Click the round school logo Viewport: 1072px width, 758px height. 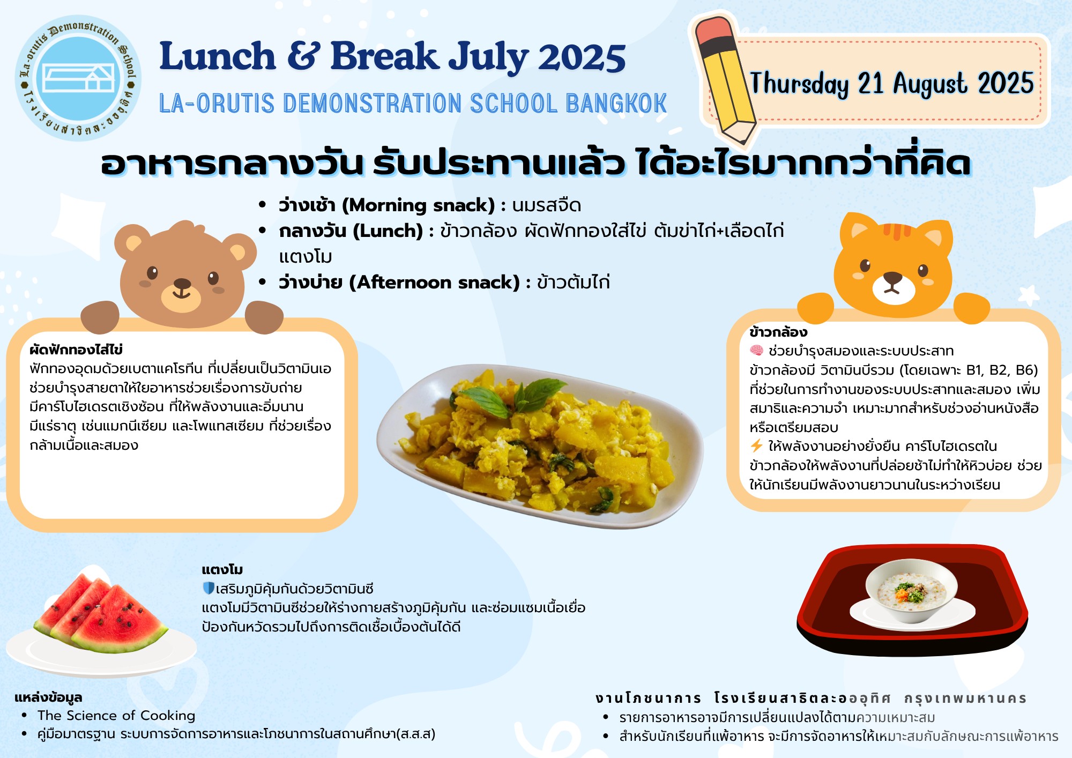[x=78, y=78]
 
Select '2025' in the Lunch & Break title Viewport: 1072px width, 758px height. [x=582, y=57]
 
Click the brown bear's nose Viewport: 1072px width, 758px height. [x=182, y=284]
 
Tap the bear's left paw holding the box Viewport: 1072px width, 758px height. [x=100, y=316]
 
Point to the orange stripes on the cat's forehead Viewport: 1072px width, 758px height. [x=897, y=230]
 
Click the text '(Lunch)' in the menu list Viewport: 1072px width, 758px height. [x=388, y=231]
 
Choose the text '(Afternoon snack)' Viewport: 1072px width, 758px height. [x=435, y=283]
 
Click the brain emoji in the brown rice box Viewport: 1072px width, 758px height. [x=756, y=351]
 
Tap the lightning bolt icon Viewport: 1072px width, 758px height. [x=756, y=446]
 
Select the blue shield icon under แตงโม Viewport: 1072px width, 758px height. [x=209, y=589]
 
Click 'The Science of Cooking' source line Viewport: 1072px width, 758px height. [x=116, y=716]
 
